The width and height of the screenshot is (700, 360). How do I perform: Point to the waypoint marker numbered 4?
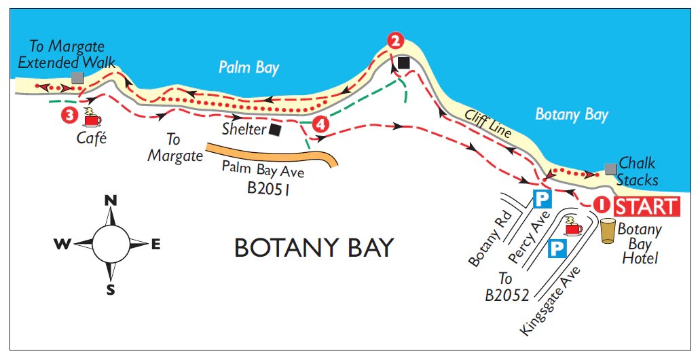(x=321, y=124)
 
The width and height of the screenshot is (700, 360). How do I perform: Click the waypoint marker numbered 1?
(x=602, y=204)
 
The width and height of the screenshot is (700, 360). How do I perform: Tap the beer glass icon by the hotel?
(x=608, y=230)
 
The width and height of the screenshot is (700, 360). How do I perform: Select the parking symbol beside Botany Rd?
(x=542, y=199)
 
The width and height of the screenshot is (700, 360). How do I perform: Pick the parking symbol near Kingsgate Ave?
(x=557, y=249)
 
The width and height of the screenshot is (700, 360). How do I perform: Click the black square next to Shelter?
(x=275, y=129)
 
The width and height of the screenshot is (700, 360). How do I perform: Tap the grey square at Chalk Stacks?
(x=610, y=168)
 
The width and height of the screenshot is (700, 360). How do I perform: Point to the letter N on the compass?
(x=110, y=200)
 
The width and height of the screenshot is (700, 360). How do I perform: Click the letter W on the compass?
(x=62, y=245)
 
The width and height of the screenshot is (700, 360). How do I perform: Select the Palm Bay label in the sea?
(x=248, y=67)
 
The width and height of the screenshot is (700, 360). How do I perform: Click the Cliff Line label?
(x=487, y=124)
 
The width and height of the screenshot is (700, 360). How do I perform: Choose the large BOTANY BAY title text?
(x=314, y=248)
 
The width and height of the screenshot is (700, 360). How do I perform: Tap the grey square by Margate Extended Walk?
(x=77, y=78)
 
